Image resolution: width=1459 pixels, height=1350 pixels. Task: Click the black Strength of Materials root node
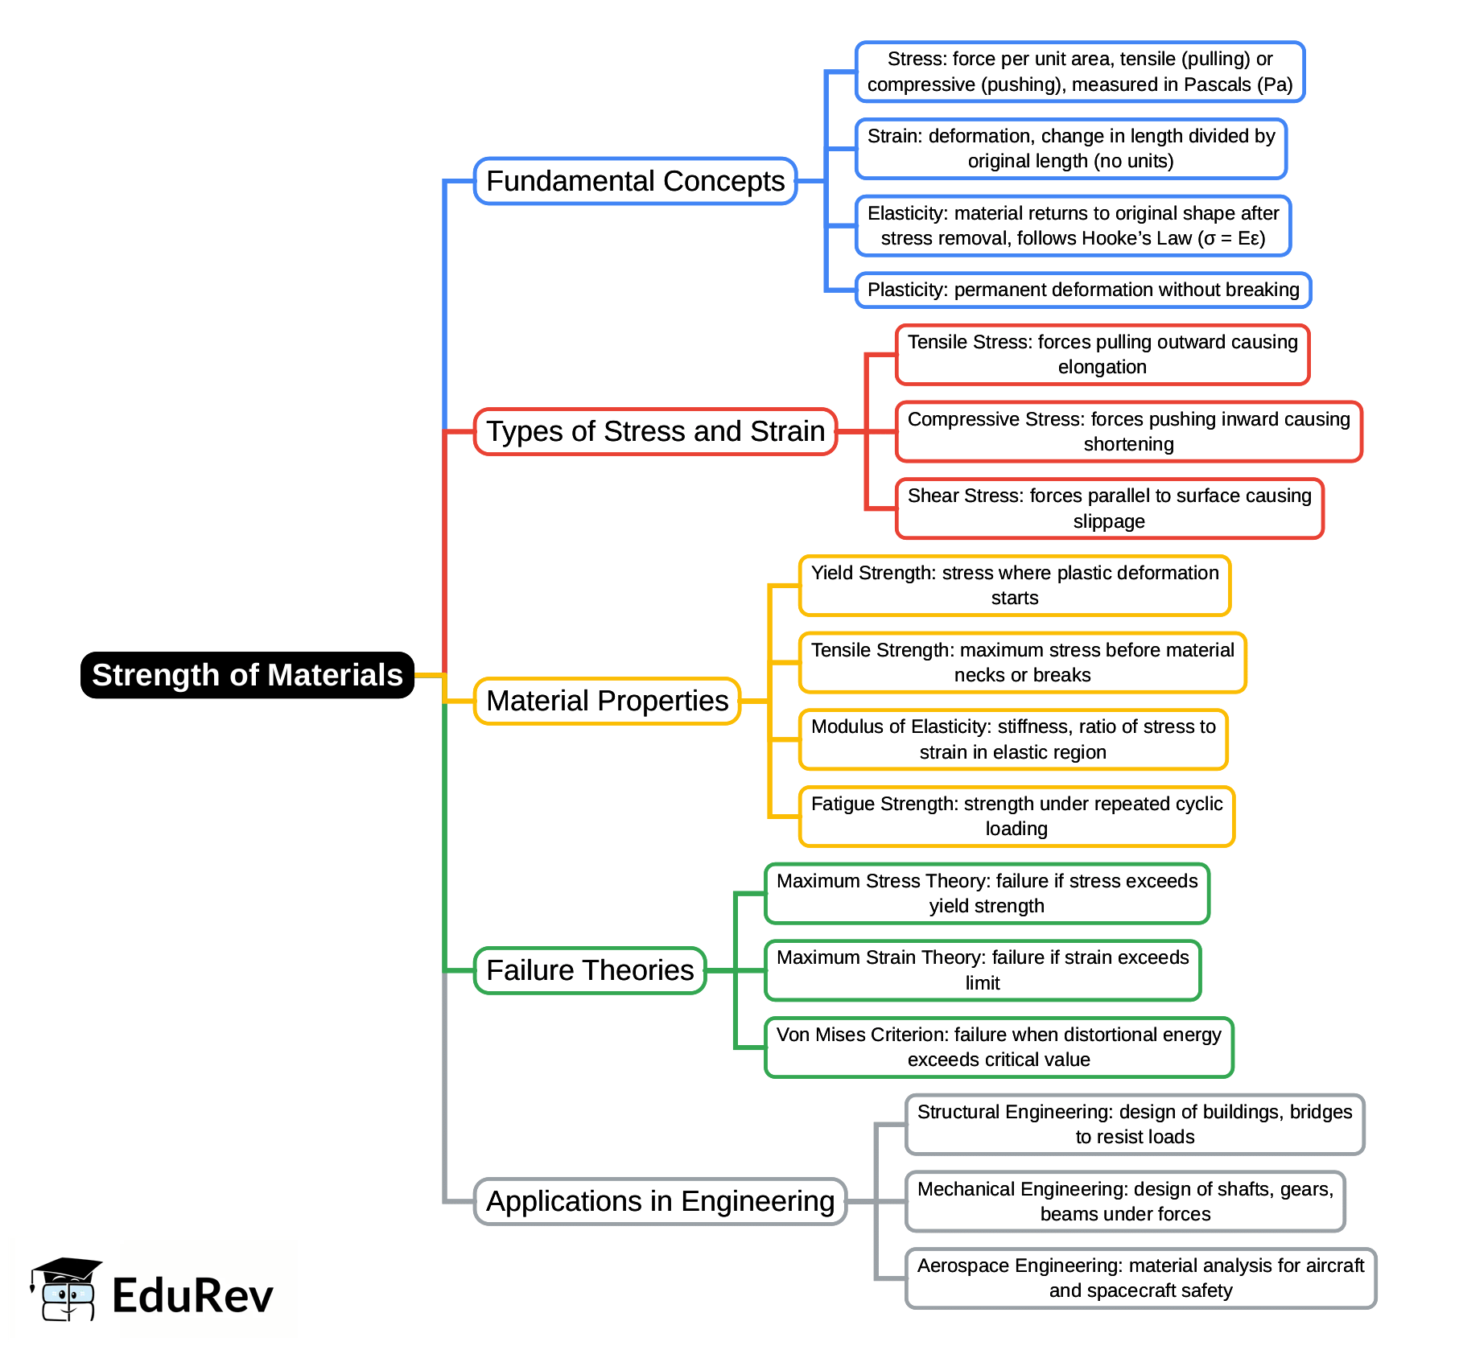247,675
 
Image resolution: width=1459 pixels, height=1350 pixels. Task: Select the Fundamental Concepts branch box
635,181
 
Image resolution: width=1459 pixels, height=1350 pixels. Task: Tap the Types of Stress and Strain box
655,431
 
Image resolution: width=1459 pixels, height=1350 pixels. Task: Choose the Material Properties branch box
607,701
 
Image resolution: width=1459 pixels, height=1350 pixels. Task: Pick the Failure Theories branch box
590,970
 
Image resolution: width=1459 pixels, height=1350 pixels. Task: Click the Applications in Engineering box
660,1201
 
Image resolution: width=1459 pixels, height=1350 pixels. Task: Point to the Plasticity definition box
1083,290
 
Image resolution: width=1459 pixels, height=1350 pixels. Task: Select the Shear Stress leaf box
1109,508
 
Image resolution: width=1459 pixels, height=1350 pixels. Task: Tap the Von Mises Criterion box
999,1047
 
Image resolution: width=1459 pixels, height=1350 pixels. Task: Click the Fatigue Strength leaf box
1016,816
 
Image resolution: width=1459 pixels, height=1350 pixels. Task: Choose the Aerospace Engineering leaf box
1140,1278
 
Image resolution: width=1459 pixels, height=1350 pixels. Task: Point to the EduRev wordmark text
192,1295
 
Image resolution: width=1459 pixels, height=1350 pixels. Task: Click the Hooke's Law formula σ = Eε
1231,238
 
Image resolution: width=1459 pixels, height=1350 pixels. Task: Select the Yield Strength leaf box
1014,585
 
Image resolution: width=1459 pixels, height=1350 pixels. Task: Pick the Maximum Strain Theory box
982,969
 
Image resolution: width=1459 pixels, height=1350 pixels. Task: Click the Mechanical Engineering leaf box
1124,1201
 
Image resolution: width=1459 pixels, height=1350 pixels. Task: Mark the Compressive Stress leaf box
1128,431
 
